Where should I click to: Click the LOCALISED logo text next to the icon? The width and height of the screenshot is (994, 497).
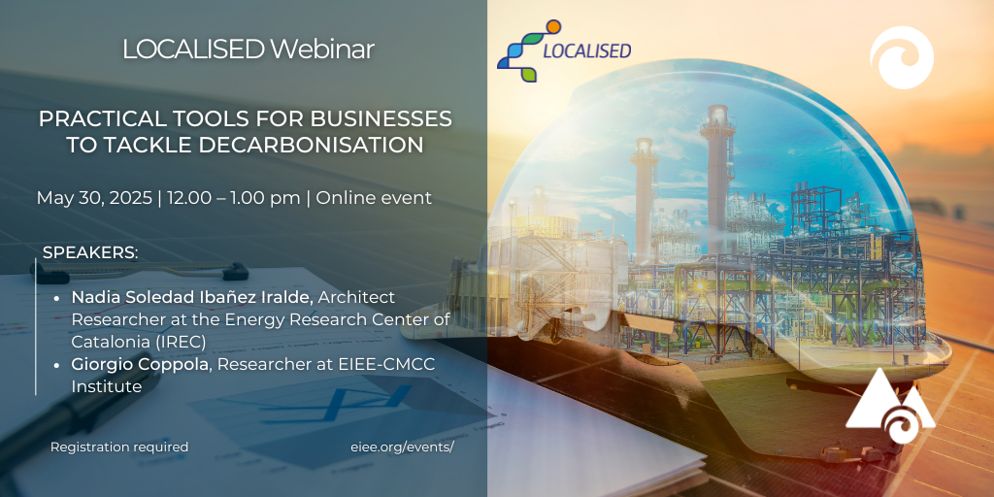tap(587, 51)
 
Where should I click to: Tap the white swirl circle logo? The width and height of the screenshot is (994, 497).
tap(902, 57)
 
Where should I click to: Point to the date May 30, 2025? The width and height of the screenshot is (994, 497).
tap(94, 198)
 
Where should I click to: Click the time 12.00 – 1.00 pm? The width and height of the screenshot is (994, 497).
tap(233, 198)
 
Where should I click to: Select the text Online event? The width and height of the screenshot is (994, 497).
tap(374, 198)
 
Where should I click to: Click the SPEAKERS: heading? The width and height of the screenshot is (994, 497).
tap(90, 252)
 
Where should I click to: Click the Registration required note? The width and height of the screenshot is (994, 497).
tap(119, 447)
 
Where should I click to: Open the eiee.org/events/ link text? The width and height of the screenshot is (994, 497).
tap(403, 447)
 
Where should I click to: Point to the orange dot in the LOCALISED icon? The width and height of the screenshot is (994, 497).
tap(553, 26)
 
